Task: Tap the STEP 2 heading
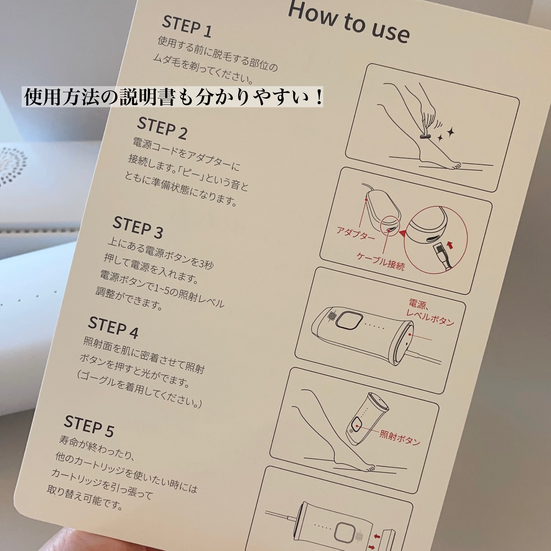click(x=162, y=129)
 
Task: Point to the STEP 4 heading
click(x=113, y=328)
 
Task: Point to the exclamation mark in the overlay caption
click(x=319, y=98)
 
